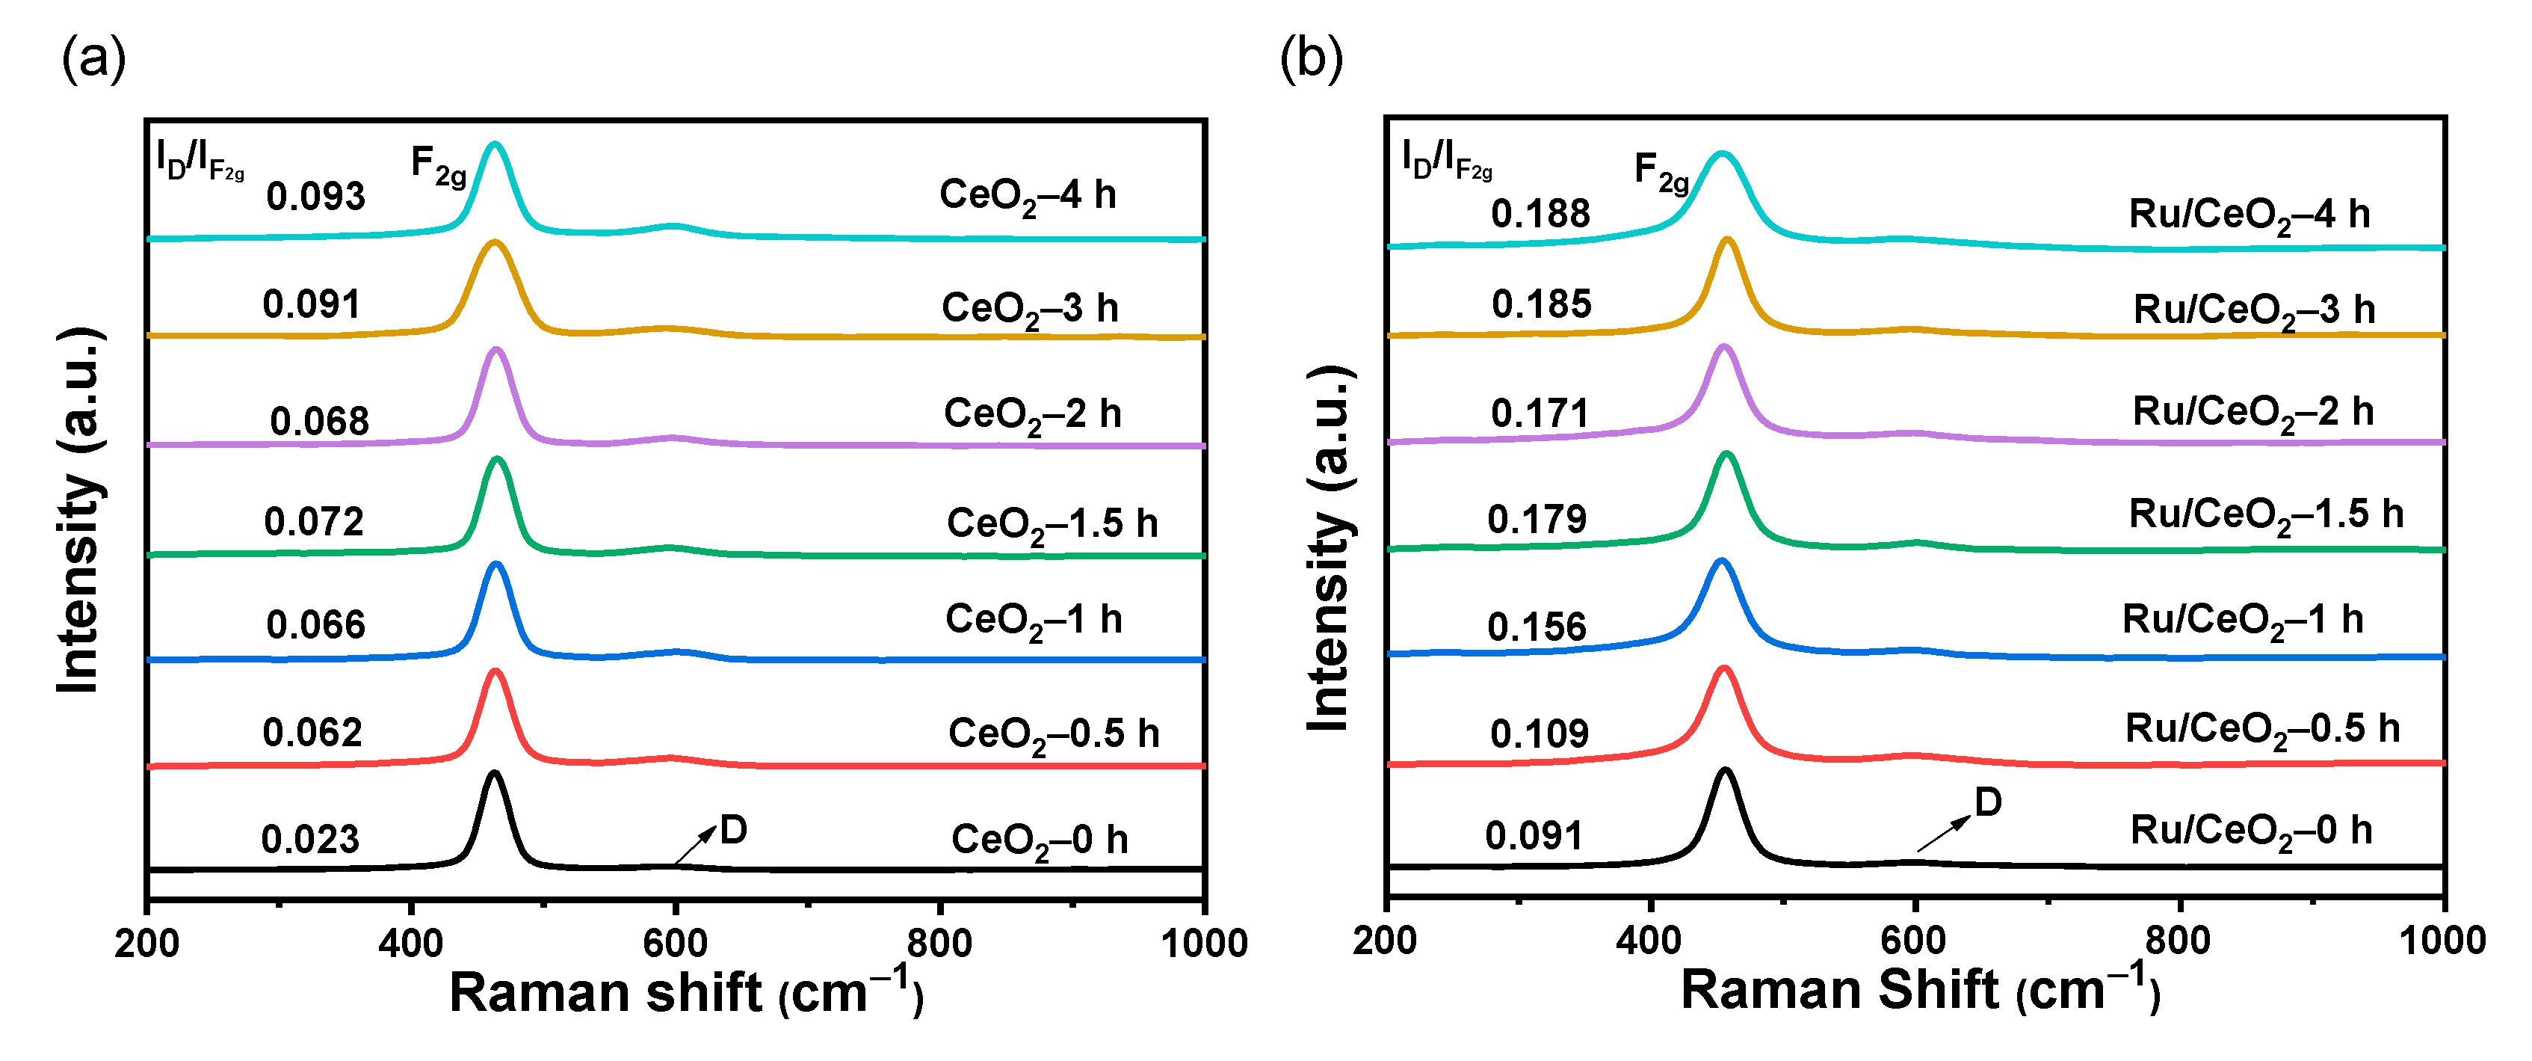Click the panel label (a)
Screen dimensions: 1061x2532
click(93, 59)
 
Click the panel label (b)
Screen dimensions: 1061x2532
click(1310, 59)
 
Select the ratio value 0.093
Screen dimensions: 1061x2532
click(315, 197)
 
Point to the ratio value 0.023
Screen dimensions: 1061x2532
click(311, 840)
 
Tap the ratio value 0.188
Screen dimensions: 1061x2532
click(1540, 213)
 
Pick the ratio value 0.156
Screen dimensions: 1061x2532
click(1537, 627)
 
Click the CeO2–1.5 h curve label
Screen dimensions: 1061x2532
click(1052, 524)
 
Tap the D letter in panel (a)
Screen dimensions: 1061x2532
click(733, 831)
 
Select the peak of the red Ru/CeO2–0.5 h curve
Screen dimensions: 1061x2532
click(1723, 668)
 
